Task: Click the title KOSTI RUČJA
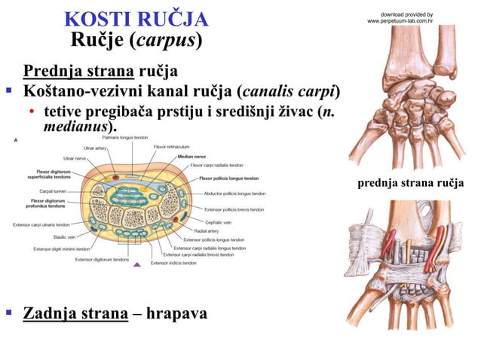(x=136, y=18)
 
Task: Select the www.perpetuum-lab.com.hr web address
(x=399, y=21)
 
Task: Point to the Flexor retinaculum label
(x=171, y=147)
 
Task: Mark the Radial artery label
(x=207, y=231)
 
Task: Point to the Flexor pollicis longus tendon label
(x=229, y=178)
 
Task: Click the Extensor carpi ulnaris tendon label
(x=41, y=224)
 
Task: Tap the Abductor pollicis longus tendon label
(x=234, y=194)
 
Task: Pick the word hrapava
(x=179, y=313)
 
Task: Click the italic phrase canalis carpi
(x=289, y=92)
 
